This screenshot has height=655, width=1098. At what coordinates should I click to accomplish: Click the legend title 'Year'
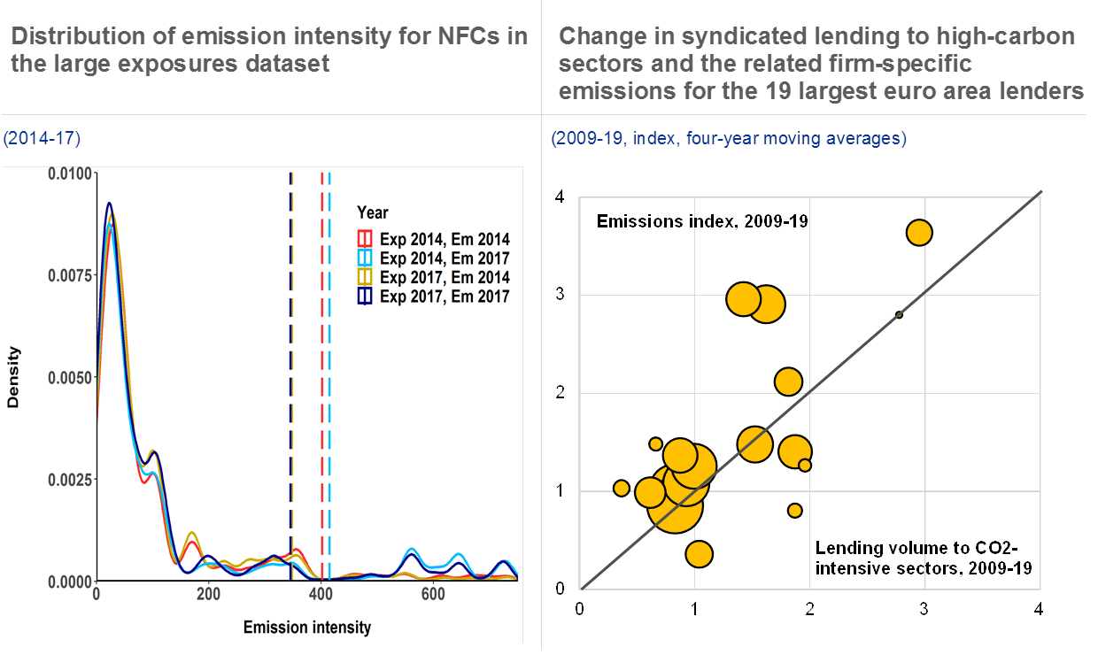tap(372, 212)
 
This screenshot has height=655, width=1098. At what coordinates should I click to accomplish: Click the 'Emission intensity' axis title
tap(306, 628)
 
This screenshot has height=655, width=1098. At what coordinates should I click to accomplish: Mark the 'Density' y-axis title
tap(13, 377)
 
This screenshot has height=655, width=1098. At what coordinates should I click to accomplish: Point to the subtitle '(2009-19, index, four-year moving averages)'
tap(728, 140)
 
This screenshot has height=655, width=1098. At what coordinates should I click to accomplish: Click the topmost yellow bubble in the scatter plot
tap(919, 233)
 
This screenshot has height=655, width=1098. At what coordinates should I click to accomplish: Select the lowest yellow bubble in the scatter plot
tap(699, 554)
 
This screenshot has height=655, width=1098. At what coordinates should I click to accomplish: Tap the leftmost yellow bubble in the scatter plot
tap(621, 489)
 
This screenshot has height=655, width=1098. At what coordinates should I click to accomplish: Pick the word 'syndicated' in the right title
tap(706, 37)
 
